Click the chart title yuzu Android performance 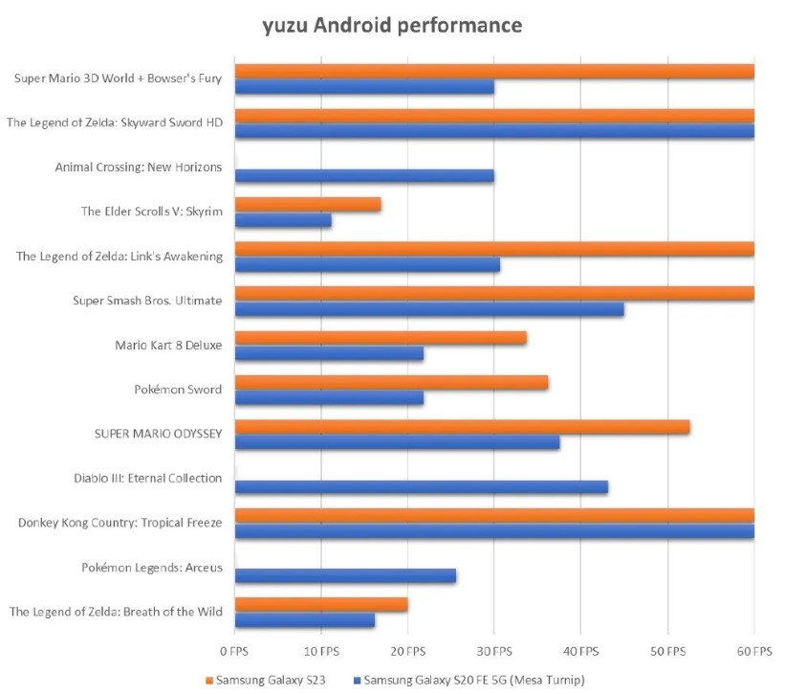click(392, 25)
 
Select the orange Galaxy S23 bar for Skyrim click(308, 205)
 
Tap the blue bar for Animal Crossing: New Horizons click(364, 176)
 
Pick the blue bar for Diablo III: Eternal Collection click(422, 487)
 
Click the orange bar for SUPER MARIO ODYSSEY click(462, 427)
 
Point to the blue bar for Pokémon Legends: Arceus click(345, 575)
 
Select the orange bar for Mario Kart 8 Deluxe click(381, 338)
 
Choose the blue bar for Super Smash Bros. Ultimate click(429, 310)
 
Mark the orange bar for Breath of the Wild click(321, 605)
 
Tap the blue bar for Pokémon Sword click(329, 398)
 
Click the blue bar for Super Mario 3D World click(364, 87)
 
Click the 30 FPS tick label click(494, 652)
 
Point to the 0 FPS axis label click(234, 652)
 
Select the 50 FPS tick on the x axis click(667, 652)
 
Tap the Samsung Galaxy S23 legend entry click(266, 680)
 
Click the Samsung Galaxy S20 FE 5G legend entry click(469, 680)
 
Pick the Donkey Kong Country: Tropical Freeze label click(120, 523)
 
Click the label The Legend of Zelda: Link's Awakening click(120, 256)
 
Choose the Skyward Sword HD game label click(115, 123)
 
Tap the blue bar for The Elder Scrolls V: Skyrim click(283, 220)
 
